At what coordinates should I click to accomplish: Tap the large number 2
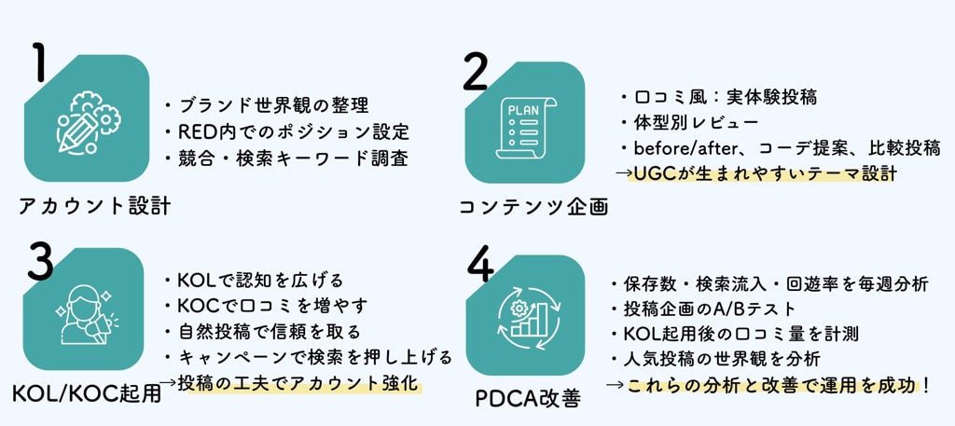475,72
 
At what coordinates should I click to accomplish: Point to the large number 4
478,267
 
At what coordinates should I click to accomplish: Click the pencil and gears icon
87,121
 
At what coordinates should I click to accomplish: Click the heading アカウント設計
94,206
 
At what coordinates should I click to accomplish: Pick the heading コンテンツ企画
533,207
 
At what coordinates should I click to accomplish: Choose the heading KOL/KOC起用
87,393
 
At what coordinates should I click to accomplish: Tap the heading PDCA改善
528,400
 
